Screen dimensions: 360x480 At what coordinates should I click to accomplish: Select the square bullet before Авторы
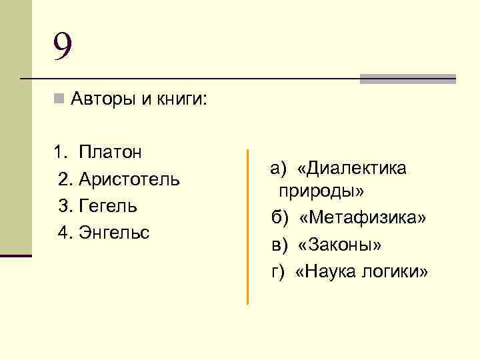pos(59,100)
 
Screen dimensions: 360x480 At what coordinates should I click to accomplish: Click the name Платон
pos(110,152)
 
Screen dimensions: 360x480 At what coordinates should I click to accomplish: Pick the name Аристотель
pos(129,179)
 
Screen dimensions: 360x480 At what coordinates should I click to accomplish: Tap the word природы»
pos(321,192)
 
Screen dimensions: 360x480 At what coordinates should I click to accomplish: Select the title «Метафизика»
pos(363,219)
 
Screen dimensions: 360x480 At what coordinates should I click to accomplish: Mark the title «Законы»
pos(341,245)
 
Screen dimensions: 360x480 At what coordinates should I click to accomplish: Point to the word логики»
pos(398,272)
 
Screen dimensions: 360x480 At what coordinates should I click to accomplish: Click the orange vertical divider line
pos(247,227)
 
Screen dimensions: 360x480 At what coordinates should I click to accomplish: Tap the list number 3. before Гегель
pos(65,206)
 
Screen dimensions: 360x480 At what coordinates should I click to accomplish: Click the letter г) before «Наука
pos(278,272)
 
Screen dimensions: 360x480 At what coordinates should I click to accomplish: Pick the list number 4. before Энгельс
pos(65,233)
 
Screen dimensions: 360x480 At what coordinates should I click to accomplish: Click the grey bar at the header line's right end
pos(407,79)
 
